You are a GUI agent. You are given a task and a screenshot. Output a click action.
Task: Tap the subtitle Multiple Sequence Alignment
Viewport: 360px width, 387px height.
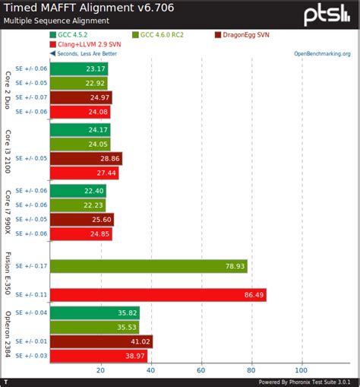55,21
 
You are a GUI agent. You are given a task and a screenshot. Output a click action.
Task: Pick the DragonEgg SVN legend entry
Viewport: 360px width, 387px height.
246,35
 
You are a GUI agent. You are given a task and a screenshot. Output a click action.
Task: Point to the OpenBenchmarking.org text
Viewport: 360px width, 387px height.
322,54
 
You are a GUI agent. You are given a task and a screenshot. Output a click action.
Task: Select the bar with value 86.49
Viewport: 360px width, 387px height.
158,294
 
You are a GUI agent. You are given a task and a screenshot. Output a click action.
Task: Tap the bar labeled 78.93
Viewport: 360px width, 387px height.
148,266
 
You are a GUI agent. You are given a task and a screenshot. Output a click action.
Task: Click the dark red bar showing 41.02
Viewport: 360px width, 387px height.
101,341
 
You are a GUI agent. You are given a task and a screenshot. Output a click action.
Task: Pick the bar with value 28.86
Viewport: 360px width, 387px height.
86,159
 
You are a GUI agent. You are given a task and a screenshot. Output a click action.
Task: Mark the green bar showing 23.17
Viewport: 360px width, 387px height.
79,68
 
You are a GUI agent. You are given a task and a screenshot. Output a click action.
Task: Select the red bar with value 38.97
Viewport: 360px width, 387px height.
99,356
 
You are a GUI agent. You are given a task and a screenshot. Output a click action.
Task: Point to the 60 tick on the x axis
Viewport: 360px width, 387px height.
201,370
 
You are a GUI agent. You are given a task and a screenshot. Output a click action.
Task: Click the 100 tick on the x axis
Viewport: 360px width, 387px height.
302,370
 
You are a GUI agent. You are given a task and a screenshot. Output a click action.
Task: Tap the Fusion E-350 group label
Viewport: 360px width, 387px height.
8,280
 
